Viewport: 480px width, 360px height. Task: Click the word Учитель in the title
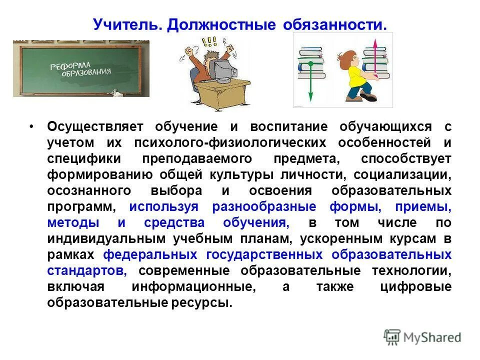127,25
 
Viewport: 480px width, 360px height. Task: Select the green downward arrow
310,80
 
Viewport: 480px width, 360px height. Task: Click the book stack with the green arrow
311,62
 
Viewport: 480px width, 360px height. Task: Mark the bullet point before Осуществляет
31,127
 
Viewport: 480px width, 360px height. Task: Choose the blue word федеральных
150,255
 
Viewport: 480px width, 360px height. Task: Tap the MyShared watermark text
432,337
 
